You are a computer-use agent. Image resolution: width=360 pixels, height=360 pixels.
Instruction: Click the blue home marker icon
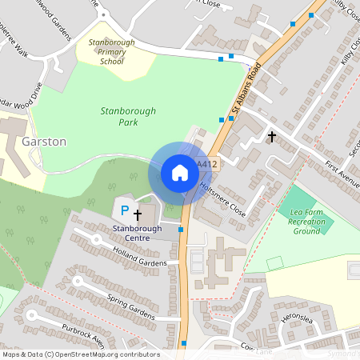tap(180, 172)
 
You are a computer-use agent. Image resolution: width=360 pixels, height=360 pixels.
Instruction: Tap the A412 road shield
tap(207, 165)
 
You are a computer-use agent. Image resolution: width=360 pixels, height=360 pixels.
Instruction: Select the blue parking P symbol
tap(124, 210)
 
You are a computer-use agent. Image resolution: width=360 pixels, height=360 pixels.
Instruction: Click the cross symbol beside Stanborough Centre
tap(138, 214)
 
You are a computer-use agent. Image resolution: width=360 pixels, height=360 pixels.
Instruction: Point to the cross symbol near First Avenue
tap(272, 137)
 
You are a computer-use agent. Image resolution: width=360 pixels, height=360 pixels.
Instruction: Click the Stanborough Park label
tap(128, 117)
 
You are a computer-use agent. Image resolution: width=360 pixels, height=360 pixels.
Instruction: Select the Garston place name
tap(45, 142)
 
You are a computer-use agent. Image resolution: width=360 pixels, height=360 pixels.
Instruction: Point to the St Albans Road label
tap(246, 88)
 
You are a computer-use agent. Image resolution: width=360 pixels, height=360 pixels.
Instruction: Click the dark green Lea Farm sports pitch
tap(310, 210)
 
